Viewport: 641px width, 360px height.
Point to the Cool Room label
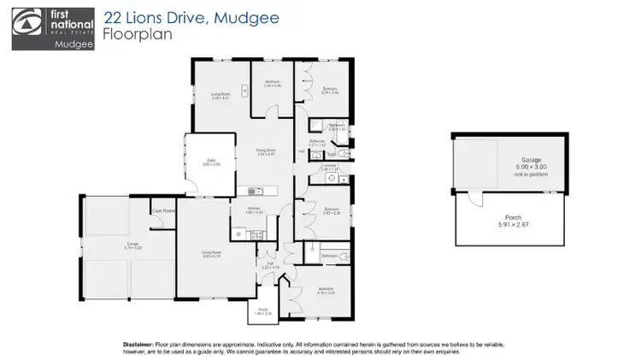point(162,210)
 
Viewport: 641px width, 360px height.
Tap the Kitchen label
point(253,208)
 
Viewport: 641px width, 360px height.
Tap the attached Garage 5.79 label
point(109,245)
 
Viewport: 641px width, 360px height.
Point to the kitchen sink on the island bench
point(250,190)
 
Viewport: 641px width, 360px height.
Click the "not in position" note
point(526,174)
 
